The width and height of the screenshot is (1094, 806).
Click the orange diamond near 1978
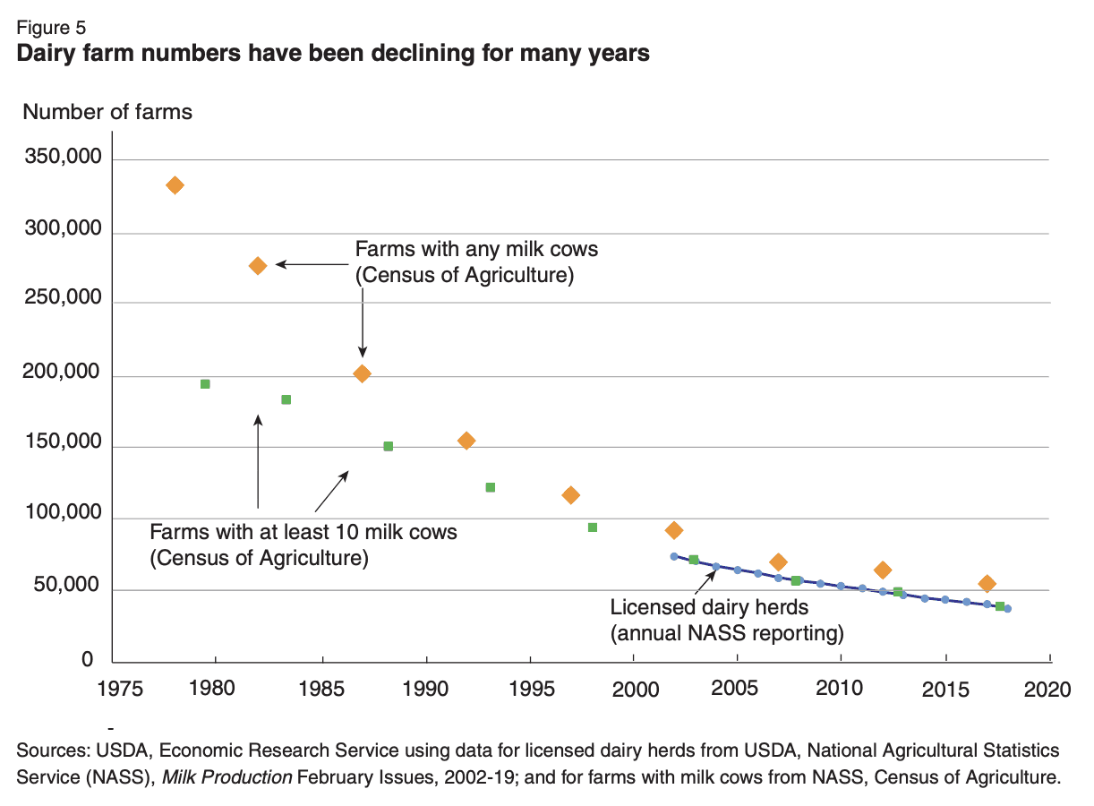175,185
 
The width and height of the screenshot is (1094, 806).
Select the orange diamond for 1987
362,373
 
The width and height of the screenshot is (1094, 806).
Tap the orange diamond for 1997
570,495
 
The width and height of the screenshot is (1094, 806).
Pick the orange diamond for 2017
987,584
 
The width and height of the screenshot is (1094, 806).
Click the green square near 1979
205,384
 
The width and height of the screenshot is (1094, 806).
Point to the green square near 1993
491,487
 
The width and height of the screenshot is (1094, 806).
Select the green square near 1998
592,527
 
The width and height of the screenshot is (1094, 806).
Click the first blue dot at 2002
674,556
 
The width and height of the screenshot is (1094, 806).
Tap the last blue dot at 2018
1008,609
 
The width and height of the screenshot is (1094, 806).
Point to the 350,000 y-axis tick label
64,159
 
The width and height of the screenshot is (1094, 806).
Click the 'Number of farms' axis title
107,112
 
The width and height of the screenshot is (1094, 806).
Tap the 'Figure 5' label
52,28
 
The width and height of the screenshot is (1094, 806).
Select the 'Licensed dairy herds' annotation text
709,607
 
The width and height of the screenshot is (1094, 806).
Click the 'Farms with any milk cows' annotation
476,248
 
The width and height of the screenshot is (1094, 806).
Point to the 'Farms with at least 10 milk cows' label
303,532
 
